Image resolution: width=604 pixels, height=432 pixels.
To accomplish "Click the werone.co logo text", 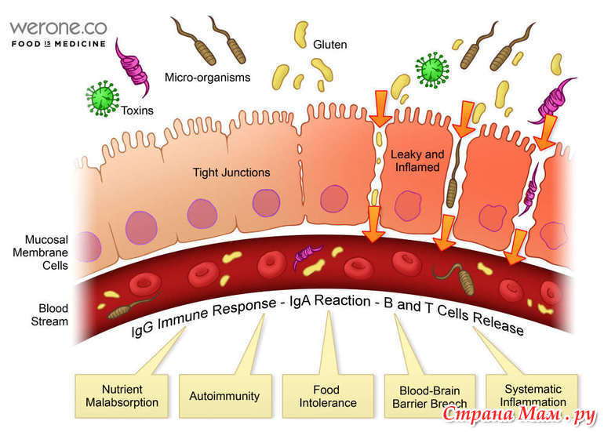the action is [58, 28].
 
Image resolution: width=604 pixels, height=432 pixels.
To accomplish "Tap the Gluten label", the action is [329, 45].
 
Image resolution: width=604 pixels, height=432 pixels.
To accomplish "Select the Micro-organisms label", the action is [207, 78].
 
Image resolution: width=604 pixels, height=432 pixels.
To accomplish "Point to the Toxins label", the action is [137, 111].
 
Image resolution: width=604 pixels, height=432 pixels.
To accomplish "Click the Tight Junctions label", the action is [231, 172].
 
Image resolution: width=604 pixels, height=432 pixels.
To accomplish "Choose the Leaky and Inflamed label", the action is [417, 161].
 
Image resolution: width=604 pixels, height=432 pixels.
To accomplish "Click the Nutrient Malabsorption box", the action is [122, 396].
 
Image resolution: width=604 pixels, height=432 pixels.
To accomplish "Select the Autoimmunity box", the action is [225, 396].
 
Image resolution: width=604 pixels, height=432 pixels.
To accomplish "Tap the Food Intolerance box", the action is [328, 396].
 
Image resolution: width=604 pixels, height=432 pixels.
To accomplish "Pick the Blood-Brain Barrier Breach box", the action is [430, 396].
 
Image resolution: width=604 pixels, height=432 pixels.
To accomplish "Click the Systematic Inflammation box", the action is [533, 396].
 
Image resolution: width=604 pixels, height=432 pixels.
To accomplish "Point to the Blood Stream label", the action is [49, 315].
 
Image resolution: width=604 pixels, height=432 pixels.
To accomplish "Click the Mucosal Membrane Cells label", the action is [40, 252].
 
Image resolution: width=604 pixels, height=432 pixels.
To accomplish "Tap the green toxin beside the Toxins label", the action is [103, 98].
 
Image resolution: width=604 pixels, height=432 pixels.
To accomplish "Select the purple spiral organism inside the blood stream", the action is [307, 255].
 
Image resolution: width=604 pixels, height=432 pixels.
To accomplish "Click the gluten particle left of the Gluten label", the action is [301, 34].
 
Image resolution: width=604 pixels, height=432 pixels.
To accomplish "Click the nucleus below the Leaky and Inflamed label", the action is [408, 205].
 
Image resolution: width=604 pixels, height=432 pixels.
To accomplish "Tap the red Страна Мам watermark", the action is [518, 414].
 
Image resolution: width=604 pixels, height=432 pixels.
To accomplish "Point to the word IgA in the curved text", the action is [300, 302].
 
